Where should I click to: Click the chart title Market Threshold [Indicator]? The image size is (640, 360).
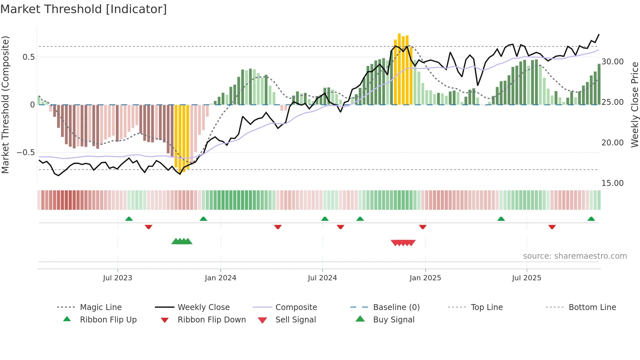click(84, 9)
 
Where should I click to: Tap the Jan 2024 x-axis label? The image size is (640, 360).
click(220, 278)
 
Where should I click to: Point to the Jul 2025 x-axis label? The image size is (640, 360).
click(526, 278)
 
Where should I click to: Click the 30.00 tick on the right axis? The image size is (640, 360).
click(613, 62)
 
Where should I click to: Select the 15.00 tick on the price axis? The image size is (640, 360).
click(613, 183)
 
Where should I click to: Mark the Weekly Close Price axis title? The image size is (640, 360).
click(634, 105)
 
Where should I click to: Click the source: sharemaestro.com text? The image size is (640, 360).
click(575, 256)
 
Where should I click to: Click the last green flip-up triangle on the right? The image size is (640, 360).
click(591, 219)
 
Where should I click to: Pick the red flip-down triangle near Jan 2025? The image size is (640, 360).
click(423, 227)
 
